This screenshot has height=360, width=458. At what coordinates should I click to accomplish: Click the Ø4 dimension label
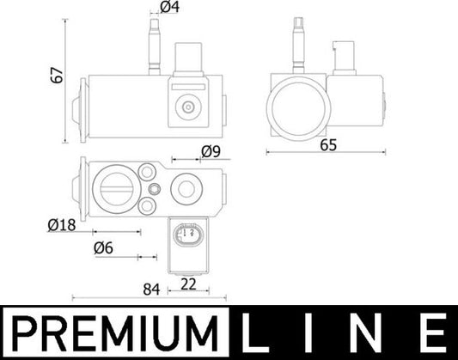(169, 10)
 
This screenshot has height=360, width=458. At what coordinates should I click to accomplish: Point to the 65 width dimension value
(328, 145)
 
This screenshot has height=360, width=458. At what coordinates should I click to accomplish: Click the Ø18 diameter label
(62, 225)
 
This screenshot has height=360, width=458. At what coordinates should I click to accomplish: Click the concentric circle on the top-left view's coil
(186, 107)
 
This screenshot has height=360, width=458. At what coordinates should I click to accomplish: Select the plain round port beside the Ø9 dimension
(186, 189)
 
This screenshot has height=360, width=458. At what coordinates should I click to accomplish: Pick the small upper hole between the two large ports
(153, 189)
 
